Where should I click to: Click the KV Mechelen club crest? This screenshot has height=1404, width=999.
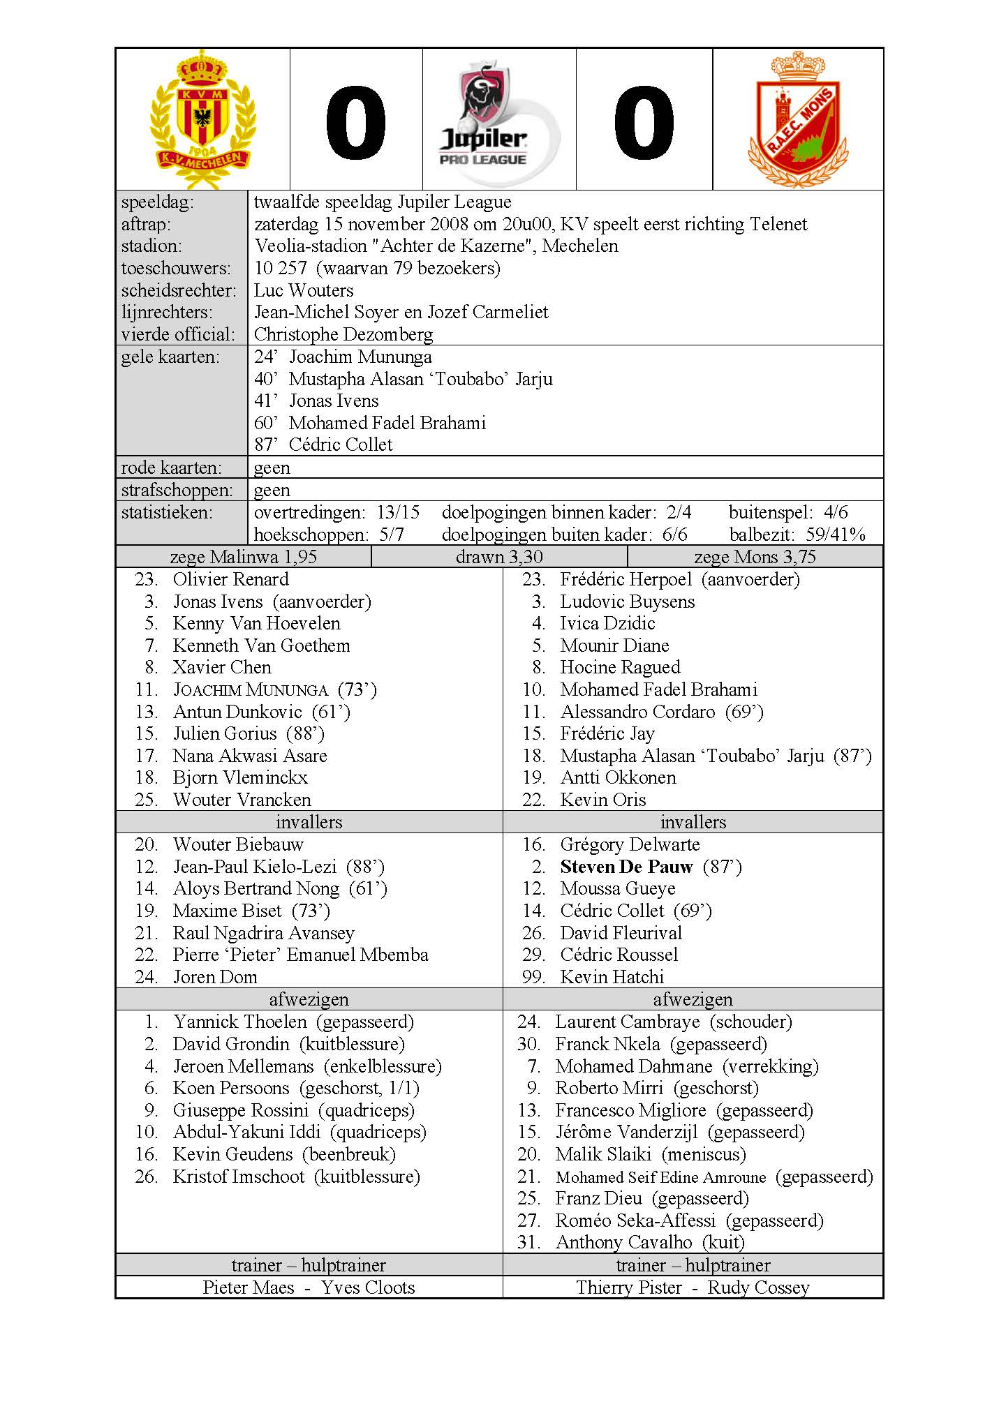click(x=202, y=119)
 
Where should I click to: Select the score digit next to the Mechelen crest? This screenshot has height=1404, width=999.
click(x=355, y=123)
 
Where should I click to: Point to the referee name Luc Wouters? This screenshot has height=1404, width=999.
click(x=303, y=290)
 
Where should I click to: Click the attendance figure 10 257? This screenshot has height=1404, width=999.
click(x=280, y=268)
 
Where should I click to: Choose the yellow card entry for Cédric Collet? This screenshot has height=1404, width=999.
click(x=323, y=445)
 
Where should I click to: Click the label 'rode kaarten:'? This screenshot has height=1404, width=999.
click(x=171, y=468)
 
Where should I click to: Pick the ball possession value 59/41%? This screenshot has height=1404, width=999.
click(x=836, y=535)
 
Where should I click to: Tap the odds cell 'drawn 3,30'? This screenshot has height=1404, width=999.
click(x=498, y=557)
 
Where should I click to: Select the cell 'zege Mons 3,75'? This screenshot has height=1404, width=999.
click(x=754, y=557)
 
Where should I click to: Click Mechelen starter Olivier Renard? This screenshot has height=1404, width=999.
click(x=230, y=579)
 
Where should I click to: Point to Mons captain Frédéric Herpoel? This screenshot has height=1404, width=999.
click(x=626, y=579)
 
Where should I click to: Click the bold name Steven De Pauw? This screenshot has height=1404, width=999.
click(x=626, y=867)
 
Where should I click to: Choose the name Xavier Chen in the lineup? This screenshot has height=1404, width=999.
click(x=222, y=667)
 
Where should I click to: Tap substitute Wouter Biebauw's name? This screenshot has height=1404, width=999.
click(x=238, y=844)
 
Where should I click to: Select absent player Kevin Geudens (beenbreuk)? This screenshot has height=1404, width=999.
click(x=283, y=1154)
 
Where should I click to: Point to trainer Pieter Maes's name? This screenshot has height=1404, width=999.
click(x=249, y=1287)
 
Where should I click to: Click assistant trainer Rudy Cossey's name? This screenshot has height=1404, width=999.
click(x=758, y=1287)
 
